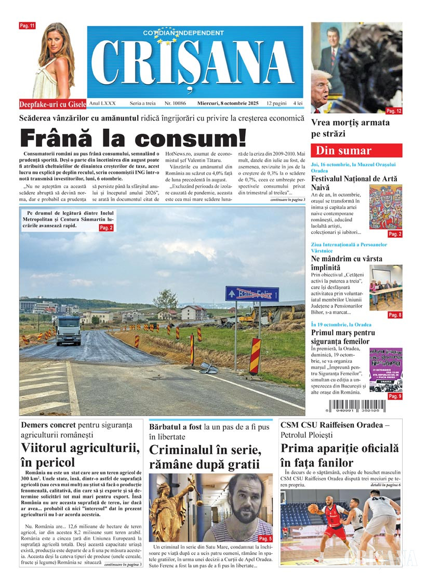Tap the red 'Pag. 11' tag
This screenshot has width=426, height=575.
click(x=27, y=25)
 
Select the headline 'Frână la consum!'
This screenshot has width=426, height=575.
click(x=133, y=138)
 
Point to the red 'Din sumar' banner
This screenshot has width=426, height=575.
click(x=356, y=151)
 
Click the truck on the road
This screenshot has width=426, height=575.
click(x=68, y=329)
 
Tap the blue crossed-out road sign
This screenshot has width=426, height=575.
click(x=251, y=293)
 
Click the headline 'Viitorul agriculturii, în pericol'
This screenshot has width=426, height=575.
click(x=80, y=455)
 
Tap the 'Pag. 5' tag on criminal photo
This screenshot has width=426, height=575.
click(x=265, y=539)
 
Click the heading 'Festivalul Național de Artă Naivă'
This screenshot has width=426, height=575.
click(x=351, y=183)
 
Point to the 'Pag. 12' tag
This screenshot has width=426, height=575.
click(x=394, y=111)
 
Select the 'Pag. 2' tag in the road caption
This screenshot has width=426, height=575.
click(x=105, y=228)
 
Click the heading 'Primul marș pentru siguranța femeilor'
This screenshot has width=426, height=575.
click(x=348, y=337)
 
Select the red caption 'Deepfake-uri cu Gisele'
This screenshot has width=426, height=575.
click(x=52, y=104)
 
